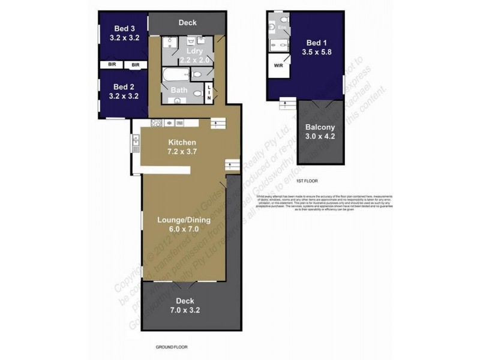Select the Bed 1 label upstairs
click(317, 43)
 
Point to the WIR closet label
click(278, 65)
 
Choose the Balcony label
click(320, 127)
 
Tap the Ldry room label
click(195, 52)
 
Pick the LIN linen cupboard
click(209, 93)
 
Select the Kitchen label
click(182, 142)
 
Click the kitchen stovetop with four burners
click(156, 123)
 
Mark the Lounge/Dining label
click(184, 220)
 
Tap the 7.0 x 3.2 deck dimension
click(184, 310)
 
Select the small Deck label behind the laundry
click(187, 23)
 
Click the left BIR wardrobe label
click(112, 64)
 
